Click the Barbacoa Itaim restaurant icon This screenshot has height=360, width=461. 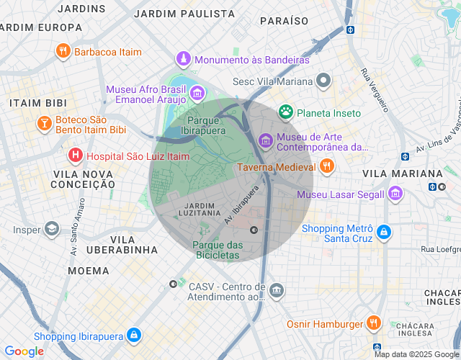pyautogui.click(x=63, y=52)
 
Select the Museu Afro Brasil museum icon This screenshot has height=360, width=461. pyautogui.click(x=197, y=92)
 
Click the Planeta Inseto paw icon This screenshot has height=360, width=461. pyautogui.click(x=286, y=112)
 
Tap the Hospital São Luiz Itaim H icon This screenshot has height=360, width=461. pyautogui.click(x=75, y=155)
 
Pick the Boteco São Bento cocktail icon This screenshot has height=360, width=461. pyautogui.click(x=44, y=124)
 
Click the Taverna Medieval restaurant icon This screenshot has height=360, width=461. pyautogui.click(x=327, y=167)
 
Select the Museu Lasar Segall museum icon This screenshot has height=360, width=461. pyautogui.click(x=395, y=194)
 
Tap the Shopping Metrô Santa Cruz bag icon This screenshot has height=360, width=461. pyautogui.click(x=385, y=233)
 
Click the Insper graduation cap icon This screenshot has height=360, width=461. pyautogui.click(x=52, y=230)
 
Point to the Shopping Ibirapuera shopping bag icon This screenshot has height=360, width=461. pyautogui.click(x=133, y=336)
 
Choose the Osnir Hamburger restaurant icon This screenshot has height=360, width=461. pyautogui.click(x=373, y=324)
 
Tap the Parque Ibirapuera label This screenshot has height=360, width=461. pyautogui.click(x=207, y=125)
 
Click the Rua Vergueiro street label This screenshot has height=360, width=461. pyautogui.click(x=375, y=90)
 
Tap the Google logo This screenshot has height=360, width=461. pyautogui.click(x=24, y=351)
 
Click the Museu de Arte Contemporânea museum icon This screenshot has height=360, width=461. pyautogui.click(x=265, y=140)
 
